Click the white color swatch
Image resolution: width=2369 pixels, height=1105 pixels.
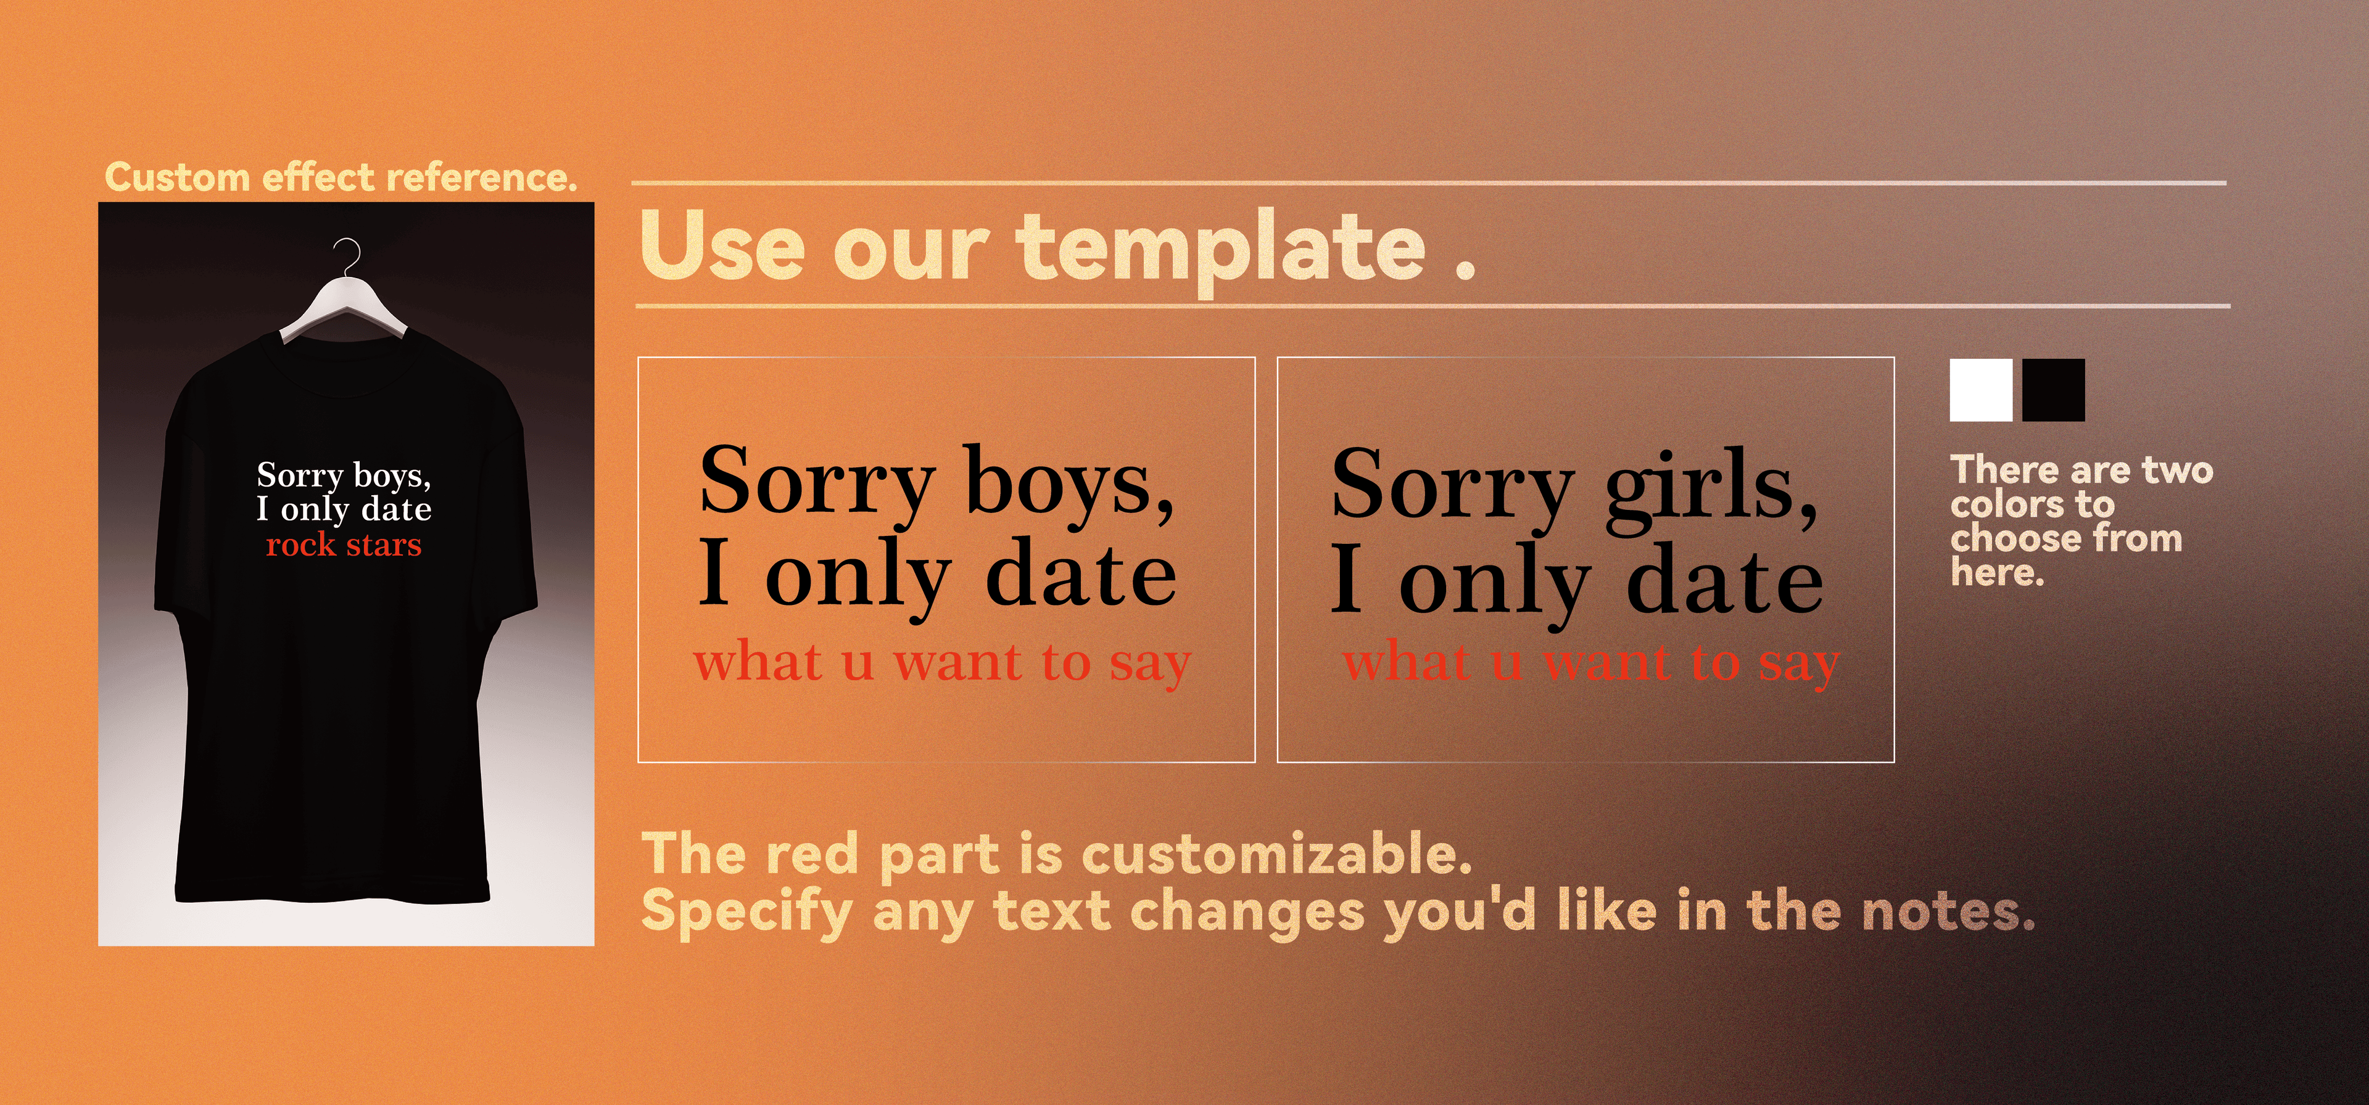[x=1981, y=390]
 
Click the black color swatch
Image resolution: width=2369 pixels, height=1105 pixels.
[x=2054, y=390]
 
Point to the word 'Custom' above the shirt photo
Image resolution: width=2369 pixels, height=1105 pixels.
[x=178, y=176]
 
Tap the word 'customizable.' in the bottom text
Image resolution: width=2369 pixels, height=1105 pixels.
[x=1278, y=855]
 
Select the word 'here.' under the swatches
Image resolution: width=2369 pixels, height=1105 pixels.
[x=1998, y=573]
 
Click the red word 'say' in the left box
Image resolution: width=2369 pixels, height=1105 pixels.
[x=1151, y=663]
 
